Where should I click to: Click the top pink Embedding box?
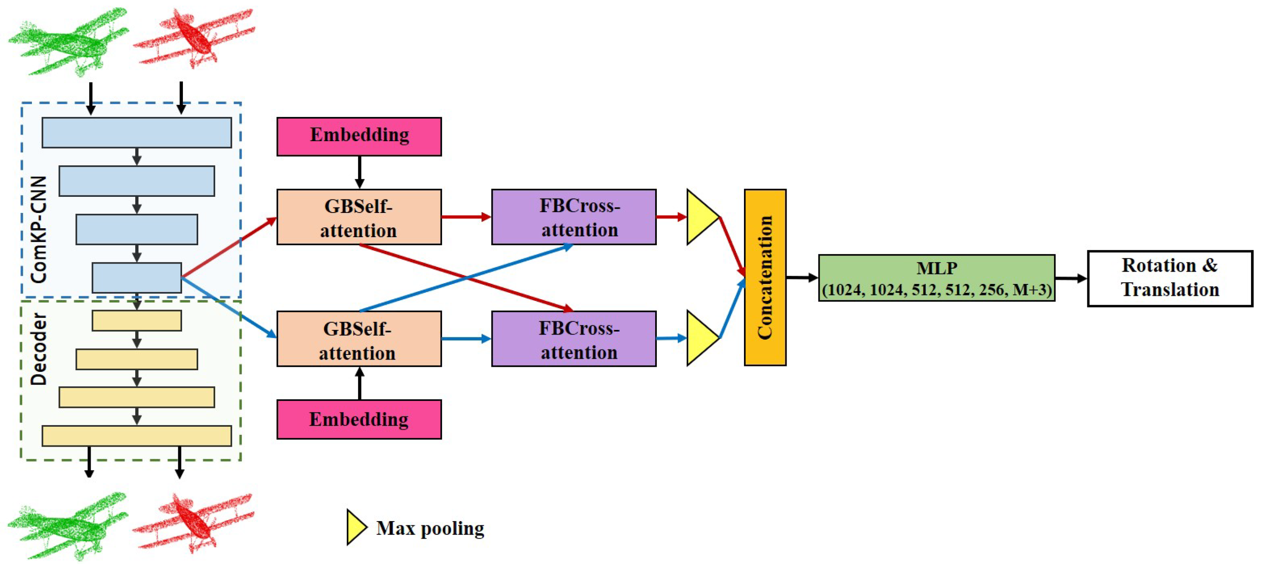(359, 136)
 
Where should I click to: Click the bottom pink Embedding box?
(359, 419)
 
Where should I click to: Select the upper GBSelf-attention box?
(359, 217)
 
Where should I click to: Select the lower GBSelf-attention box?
(359, 339)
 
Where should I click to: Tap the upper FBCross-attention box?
(573, 217)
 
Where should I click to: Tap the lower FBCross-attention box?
(573, 339)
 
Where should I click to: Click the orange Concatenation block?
(765, 278)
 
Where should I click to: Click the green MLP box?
(936, 278)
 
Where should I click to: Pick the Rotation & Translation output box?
(1170, 278)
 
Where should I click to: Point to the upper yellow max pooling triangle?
(700, 217)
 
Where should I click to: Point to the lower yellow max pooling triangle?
(700, 338)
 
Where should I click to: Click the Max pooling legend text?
(430, 528)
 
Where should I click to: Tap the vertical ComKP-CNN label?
(38, 230)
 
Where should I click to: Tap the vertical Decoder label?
(38, 349)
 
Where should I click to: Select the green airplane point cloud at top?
(68, 42)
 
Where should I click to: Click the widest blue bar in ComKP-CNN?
(137, 132)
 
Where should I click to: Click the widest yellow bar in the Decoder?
(137, 436)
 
